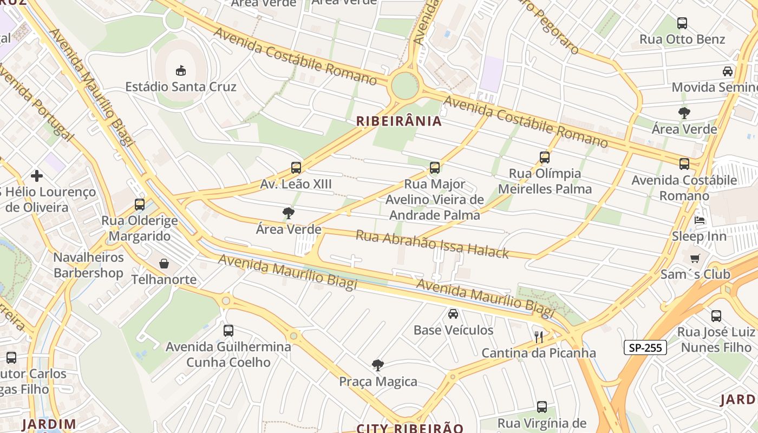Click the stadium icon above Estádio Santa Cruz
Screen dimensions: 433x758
click(181, 70)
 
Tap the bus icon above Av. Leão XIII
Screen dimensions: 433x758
click(296, 168)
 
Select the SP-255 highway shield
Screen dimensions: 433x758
click(645, 347)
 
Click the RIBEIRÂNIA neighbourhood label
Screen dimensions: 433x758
click(399, 121)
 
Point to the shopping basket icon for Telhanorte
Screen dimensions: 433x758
click(164, 264)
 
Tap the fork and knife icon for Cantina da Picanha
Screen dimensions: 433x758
click(538, 337)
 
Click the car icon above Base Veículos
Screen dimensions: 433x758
click(453, 314)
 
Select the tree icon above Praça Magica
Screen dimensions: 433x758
click(378, 365)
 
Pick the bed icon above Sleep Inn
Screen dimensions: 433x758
click(699, 220)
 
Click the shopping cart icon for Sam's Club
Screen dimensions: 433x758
click(695, 258)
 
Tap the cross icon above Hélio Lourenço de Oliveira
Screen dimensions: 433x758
click(37, 176)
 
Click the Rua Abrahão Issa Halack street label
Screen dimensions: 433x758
click(432, 245)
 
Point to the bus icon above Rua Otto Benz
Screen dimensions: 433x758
click(682, 23)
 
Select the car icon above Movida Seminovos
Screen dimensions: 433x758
click(728, 71)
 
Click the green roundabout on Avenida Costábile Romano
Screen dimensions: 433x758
click(405, 86)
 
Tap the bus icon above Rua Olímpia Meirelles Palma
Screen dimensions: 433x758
click(544, 158)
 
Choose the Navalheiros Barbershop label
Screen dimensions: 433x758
click(88, 265)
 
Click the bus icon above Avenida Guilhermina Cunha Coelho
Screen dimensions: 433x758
click(228, 330)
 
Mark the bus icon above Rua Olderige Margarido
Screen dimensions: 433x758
click(140, 205)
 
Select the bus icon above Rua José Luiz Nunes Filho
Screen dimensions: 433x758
click(716, 316)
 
